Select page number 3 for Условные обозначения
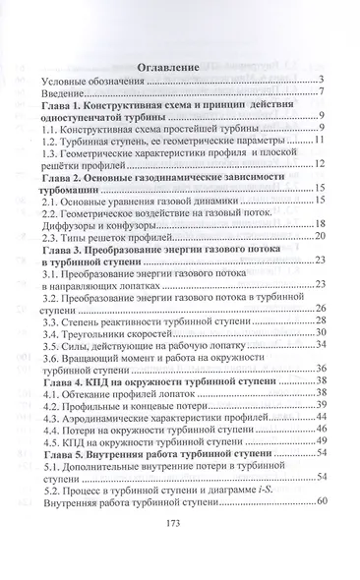point(323,79)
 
